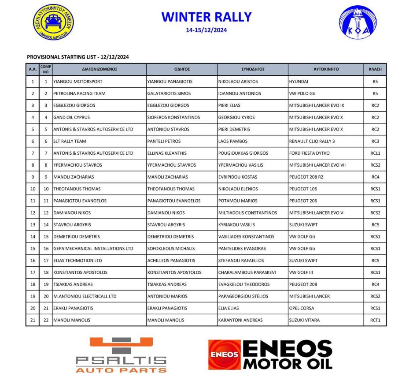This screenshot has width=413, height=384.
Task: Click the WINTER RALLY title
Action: click(x=206, y=17)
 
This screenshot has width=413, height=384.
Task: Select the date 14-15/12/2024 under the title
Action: click(x=206, y=30)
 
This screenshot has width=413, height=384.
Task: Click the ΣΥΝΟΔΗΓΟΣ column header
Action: click(x=253, y=69)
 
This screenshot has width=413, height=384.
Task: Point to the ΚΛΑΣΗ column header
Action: click(x=375, y=69)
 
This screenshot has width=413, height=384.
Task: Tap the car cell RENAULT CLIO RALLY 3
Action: click(x=312, y=141)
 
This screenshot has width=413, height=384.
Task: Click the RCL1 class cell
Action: click(x=375, y=153)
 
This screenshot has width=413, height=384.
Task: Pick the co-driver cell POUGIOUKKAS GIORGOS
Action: click(x=243, y=153)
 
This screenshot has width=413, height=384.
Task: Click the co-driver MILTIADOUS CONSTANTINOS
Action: click(x=247, y=213)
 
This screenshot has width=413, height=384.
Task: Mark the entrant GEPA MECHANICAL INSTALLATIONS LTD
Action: click(x=93, y=249)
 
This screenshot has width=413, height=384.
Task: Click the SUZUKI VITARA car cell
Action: click(x=304, y=320)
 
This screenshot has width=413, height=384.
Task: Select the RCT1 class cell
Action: click(x=375, y=320)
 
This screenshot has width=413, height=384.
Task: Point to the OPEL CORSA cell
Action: click(x=302, y=308)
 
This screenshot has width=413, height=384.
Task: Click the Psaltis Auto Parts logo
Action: click(x=121, y=355)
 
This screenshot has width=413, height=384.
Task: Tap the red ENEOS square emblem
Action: click(x=224, y=354)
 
